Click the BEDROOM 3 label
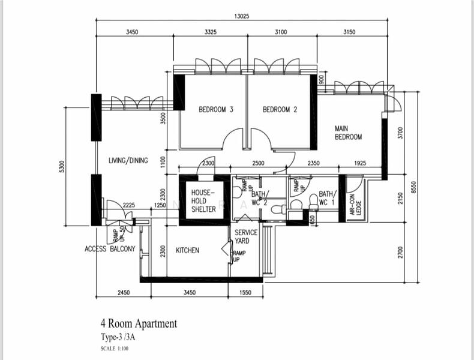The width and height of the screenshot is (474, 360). point(215,109)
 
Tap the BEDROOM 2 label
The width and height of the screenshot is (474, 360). point(280,109)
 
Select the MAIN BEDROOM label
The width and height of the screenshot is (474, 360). point(349,132)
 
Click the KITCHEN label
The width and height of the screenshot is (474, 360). point(187,250)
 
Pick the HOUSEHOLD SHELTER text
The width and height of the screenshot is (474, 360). point(203,201)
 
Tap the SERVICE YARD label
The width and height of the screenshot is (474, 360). point(246,236)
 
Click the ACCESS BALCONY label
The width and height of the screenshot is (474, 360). point(110,249)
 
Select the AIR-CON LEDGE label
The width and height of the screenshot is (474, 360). point(355,204)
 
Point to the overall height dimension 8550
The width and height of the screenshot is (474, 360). point(413,187)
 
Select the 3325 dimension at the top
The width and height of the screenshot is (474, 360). point(210,32)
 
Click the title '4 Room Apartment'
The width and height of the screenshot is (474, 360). point(139,324)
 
